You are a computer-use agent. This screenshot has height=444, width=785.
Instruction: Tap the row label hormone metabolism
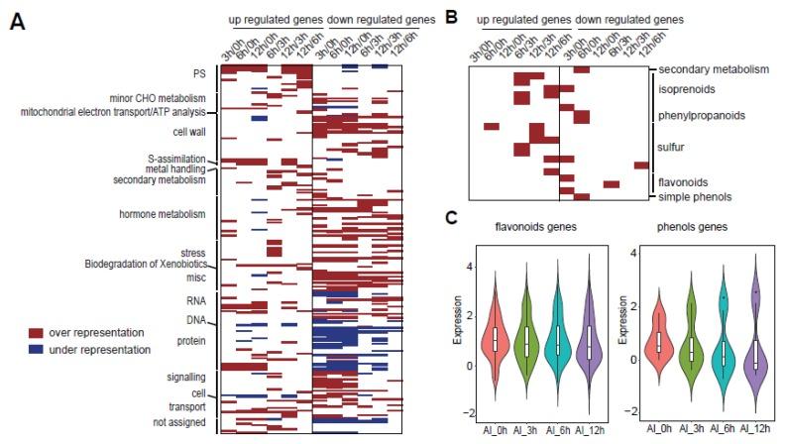pyautogui.click(x=162, y=214)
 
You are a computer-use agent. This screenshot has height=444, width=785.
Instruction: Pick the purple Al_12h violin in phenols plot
pyautogui.click(x=754, y=342)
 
